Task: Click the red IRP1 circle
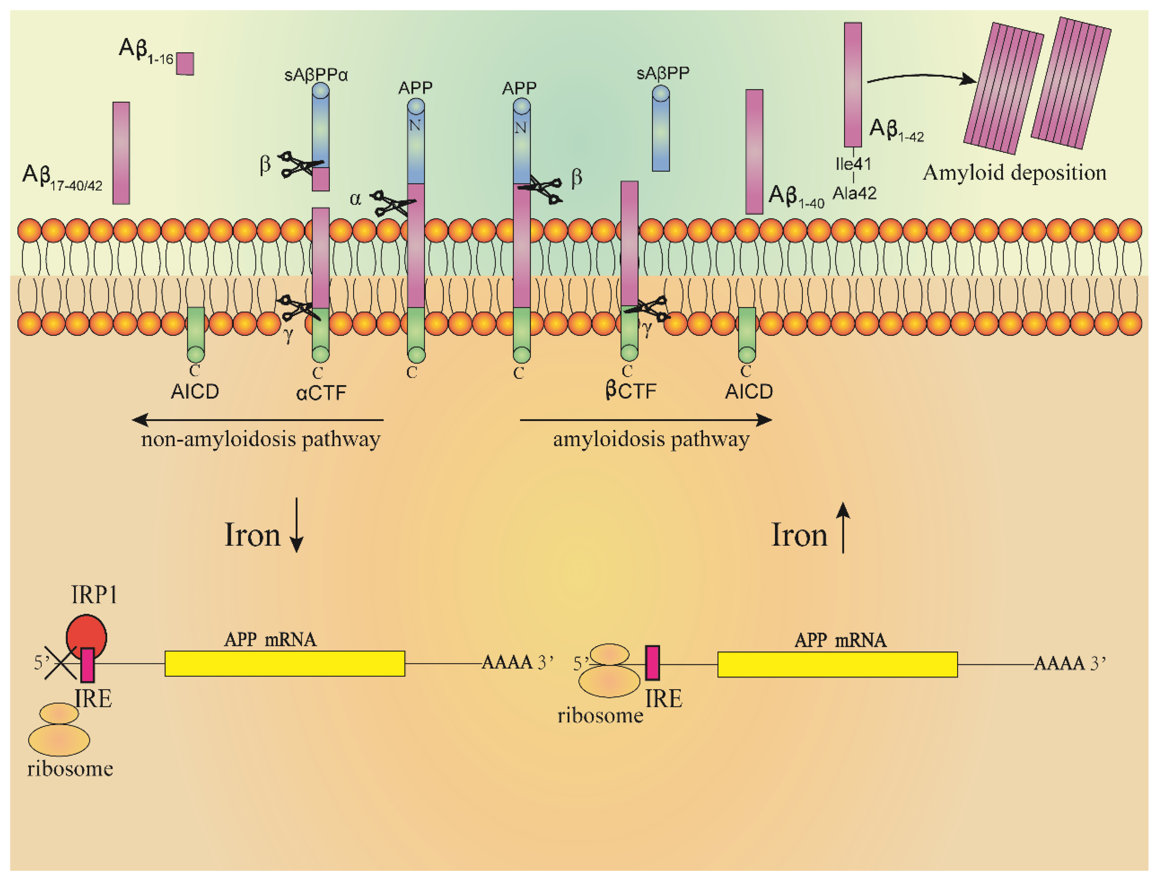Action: click(x=86, y=635)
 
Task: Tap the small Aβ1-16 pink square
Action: click(x=185, y=64)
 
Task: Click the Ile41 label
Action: click(x=853, y=164)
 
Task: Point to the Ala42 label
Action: click(x=854, y=194)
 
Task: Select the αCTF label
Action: click(x=321, y=393)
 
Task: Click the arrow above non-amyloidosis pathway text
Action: click(x=258, y=420)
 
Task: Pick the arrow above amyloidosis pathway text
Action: click(x=646, y=420)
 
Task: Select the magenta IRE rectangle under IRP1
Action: click(x=87, y=665)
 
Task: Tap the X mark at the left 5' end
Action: click(x=60, y=663)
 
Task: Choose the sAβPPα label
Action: click(x=316, y=75)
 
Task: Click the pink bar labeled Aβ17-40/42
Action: click(x=121, y=153)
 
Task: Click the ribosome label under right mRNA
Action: click(x=600, y=716)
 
